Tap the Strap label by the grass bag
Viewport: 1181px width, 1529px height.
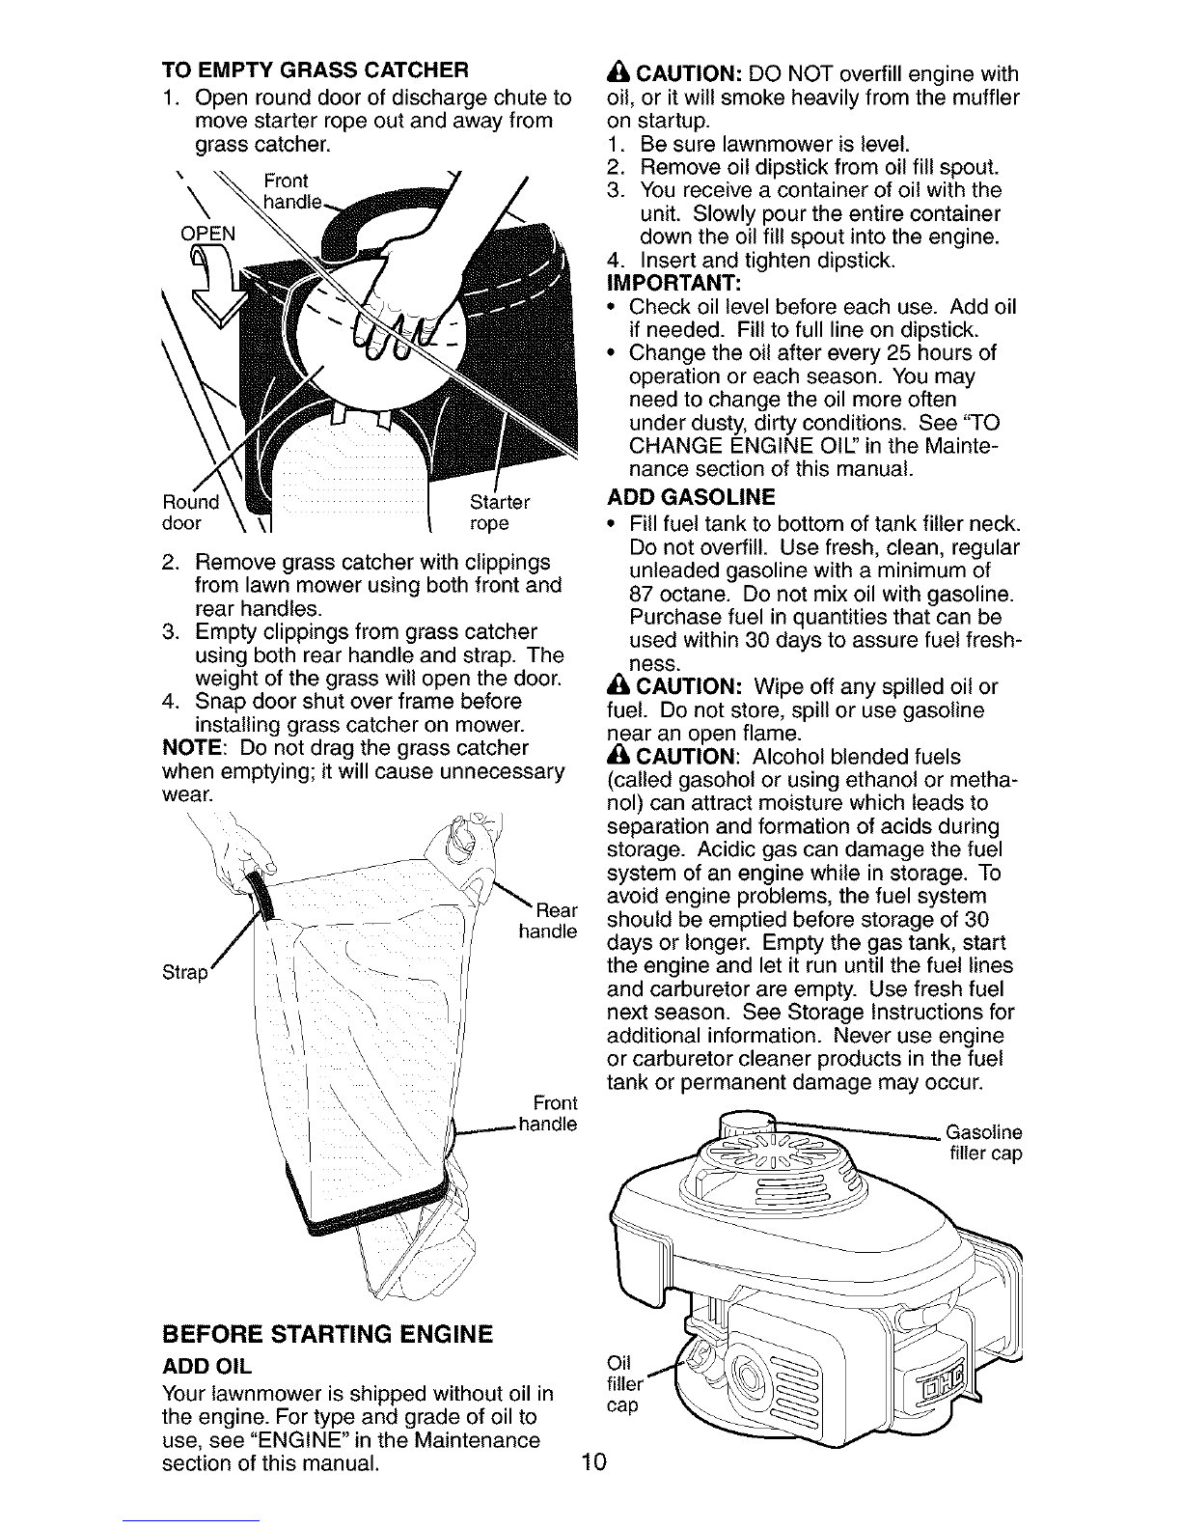pos(186,972)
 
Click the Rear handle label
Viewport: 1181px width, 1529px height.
pos(549,921)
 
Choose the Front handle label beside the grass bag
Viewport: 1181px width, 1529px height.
pos(549,1113)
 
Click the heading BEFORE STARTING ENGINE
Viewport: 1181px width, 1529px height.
pos(327,1335)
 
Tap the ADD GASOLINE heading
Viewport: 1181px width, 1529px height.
pos(691,498)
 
